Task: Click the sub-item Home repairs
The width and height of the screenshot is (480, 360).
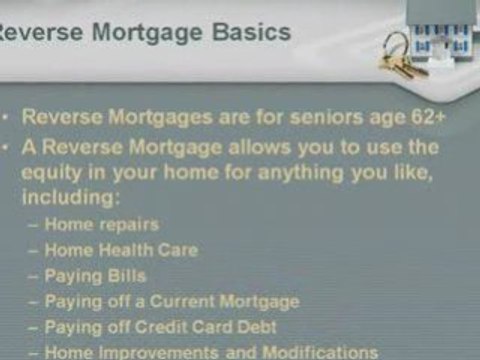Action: [x=115, y=224]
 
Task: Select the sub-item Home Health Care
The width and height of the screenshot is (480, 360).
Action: [x=135, y=250]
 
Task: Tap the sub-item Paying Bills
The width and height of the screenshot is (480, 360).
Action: [x=109, y=275]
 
